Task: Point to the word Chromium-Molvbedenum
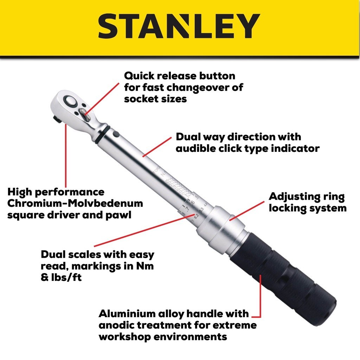(x=75, y=203)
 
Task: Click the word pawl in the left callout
(x=119, y=214)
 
